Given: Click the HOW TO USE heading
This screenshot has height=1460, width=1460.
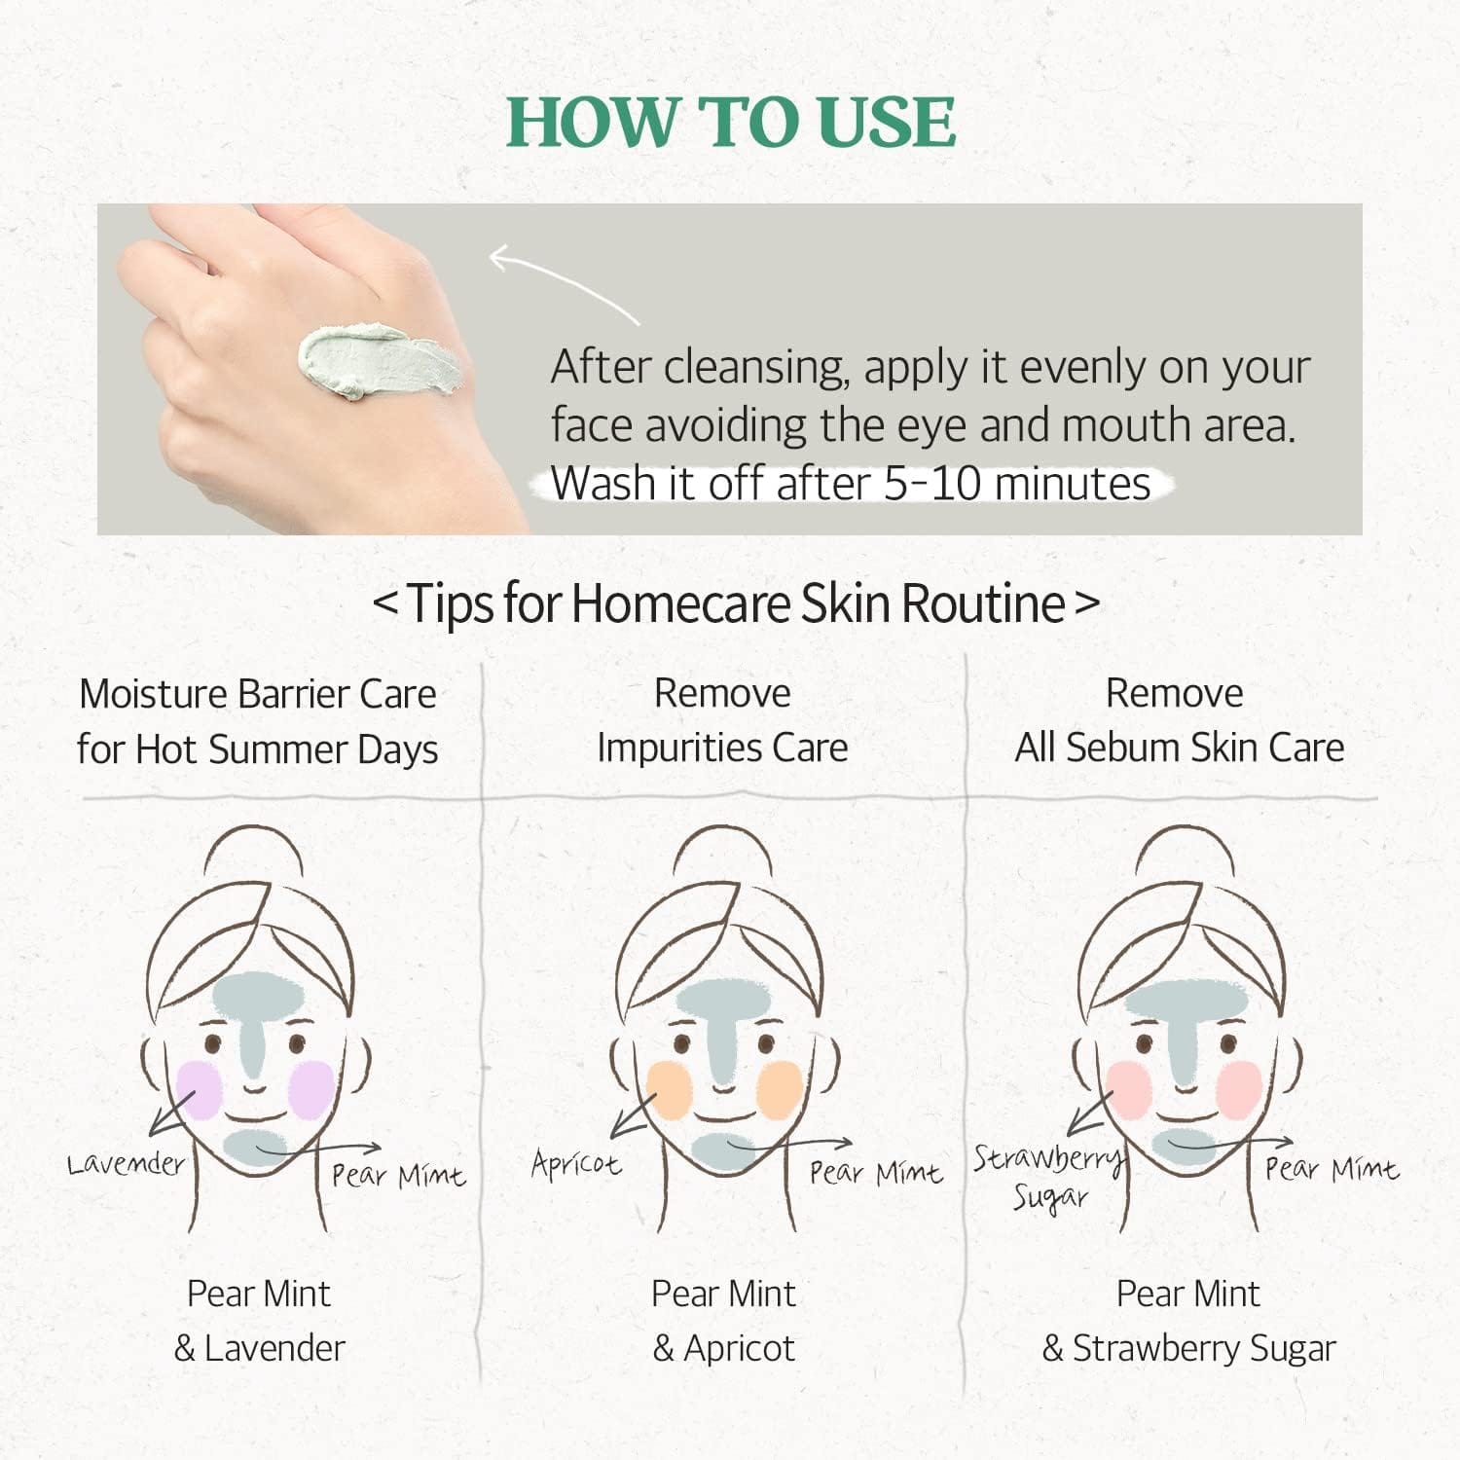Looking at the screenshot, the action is [x=731, y=123].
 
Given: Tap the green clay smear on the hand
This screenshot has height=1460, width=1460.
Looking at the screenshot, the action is [x=380, y=362].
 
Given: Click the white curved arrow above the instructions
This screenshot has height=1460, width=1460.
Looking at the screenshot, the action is [x=565, y=282].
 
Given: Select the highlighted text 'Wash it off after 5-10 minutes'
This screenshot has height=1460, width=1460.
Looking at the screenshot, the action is [x=851, y=483].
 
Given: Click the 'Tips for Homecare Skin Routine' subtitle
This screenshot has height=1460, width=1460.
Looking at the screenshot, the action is [x=736, y=603].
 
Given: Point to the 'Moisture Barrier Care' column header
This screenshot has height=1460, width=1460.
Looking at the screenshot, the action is [x=258, y=694].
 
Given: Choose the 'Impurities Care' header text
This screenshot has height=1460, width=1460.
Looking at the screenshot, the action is [x=722, y=748].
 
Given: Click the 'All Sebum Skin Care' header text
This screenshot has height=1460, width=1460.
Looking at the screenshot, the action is [x=1180, y=748].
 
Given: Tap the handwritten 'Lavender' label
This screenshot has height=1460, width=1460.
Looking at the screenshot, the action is [x=126, y=1163].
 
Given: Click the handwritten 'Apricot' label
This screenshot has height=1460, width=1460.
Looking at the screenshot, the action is [x=576, y=1163].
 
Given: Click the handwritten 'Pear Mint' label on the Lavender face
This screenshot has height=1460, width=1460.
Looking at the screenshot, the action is [x=398, y=1176].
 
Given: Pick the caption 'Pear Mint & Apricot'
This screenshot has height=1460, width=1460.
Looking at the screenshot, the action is [x=723, y=1321].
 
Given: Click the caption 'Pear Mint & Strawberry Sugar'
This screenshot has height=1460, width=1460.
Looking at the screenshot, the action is [x=1188, y=1321].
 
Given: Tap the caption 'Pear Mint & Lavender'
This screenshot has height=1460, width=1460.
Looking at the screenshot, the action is [x=259, y=1321].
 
